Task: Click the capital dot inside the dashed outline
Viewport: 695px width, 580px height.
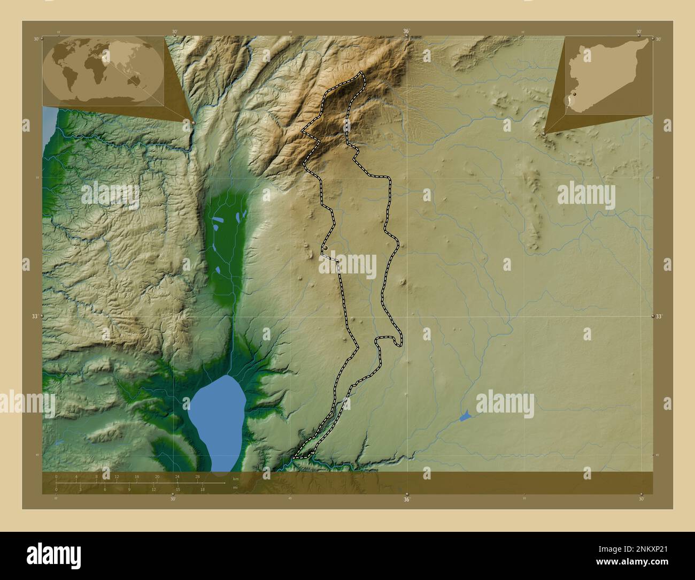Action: pos(325,248)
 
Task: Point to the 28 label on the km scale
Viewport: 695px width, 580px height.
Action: pos(198,476)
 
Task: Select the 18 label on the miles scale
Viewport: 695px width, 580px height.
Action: pos(203,489)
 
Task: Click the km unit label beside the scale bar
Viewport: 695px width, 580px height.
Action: pos(235,478)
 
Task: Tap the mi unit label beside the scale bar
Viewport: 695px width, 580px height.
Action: pos(234,487)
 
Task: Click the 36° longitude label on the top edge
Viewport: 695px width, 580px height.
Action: pos(406,32)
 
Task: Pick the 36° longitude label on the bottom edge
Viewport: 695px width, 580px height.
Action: pos(406,499)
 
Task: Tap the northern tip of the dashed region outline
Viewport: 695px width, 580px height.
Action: pos(361,72)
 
